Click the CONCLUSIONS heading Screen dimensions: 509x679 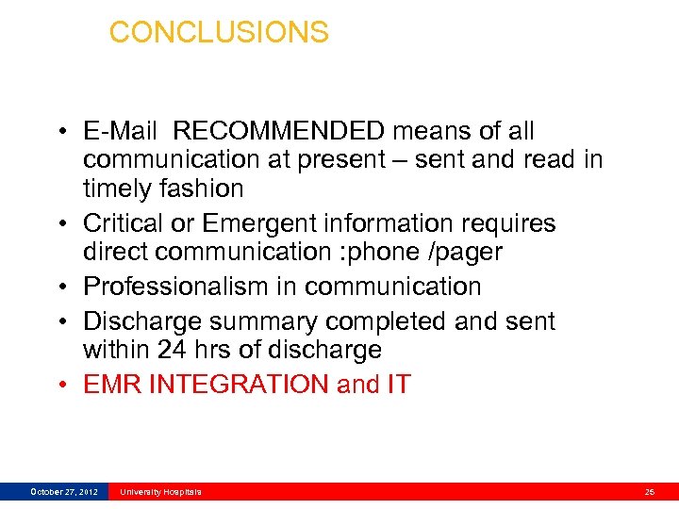click(219, 32)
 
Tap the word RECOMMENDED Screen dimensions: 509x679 click(279, 131)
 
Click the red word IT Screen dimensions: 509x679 click(398, 385)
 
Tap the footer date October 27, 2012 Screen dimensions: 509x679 click(64, 492)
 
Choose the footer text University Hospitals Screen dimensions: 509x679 click(160, 492)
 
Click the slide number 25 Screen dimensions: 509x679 click(650, 492)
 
